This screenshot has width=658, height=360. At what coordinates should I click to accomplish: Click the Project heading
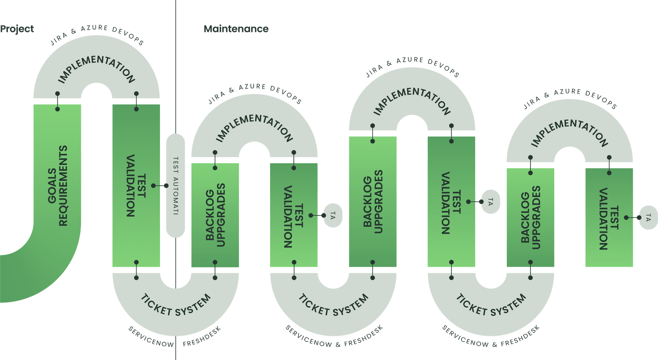point(17,29)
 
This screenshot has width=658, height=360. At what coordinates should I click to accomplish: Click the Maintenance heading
point(236,29)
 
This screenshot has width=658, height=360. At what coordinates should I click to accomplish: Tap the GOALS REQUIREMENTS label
point(58,185)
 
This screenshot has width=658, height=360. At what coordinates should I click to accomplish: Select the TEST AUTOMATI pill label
point(175,185)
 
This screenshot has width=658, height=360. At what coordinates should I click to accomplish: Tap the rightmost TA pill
point(648,217)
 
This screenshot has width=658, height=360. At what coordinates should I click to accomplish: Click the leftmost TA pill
point(333,216)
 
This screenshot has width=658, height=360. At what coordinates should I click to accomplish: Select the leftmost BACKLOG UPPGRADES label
point(215,215)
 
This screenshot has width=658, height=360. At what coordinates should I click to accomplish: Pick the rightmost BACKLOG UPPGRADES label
point(531,217)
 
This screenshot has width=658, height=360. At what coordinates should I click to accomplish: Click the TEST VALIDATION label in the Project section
point(136,185)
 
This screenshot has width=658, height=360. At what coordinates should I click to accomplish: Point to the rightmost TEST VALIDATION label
point(609,219)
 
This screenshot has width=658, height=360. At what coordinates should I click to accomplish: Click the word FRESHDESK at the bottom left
point(202,337)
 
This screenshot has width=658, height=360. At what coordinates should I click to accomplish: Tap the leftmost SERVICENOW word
point(151,337)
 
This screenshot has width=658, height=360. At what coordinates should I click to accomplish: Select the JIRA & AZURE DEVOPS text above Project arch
point(97,35)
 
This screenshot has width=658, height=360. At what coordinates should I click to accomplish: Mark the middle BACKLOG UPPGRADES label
point(373,202)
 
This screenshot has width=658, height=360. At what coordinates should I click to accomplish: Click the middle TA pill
point(491,202)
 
